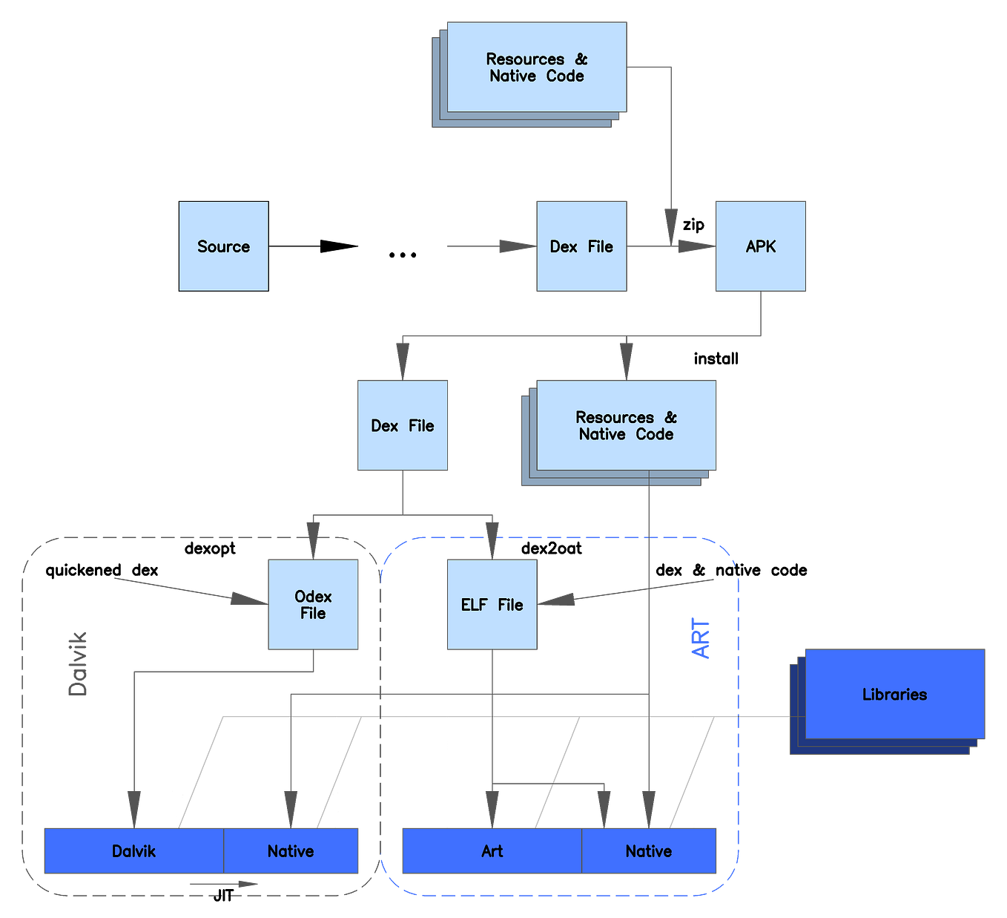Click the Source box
pyautogui.click(x=224, y=246)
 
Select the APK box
pyautogui.click(x=760, y=246)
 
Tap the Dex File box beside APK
pyautogui.click(x=581, y=246)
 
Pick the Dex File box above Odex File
pyautogui.click(x=403, y=425)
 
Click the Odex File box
pyautogui.click(x=313, y=605)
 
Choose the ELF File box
pyautogui.click(x=492, y=605)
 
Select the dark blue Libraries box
pyautogui.click(x=894, y=695)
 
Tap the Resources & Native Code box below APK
pyautogui.click(x=627, y=425)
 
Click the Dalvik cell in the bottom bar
pyautogui.click(x=133, y=851)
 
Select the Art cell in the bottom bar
pyautogui.click(x=492, y=851)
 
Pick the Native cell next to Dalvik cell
pyautogui.click(x=291, y=851)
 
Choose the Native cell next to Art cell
pyautogui.click(x=649, y=851)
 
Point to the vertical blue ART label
pyautogui.click(x=701, y=638)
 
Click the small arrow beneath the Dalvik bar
pyautogui.click(x=225, y=884)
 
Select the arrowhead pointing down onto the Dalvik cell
pyautogui.click(x=133, y=808)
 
